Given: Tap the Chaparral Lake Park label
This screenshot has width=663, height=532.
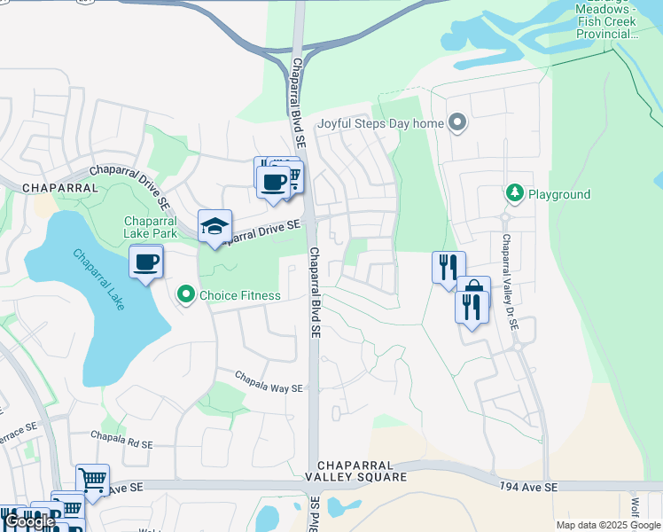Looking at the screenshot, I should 151,227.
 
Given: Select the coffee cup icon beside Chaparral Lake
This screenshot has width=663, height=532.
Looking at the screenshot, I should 146,262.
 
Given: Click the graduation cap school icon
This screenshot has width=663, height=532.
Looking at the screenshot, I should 214,227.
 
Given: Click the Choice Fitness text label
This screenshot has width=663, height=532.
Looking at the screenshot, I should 239,295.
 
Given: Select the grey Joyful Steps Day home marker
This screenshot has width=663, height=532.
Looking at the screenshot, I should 457,122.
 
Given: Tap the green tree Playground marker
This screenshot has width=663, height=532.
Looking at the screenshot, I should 514,192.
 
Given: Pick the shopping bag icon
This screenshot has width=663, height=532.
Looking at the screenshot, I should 473,291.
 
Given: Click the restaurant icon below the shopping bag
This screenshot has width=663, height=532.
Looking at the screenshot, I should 472,308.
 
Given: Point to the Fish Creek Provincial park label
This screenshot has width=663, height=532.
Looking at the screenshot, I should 607,21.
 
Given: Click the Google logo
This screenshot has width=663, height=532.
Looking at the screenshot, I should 29,521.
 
